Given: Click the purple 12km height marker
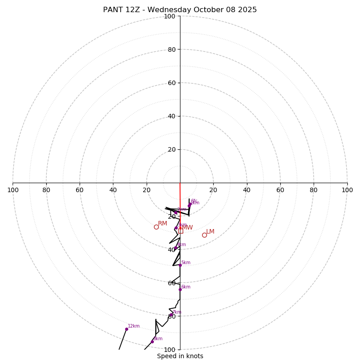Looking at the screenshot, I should [x=126, y=329].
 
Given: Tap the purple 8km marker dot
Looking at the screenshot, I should [x=152, y=342].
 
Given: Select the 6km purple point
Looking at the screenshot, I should [x=180, y=289].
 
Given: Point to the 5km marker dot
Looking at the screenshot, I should [x=180, y=265].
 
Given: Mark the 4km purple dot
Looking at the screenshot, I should [x=175, y=248].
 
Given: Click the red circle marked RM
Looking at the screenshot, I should [x=156, y=227].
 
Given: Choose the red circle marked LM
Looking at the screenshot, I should [x=204, y=235].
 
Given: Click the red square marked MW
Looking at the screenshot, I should [x=180, y=231].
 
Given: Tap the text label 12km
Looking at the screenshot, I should [x=134, y=326].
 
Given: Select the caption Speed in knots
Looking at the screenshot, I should [x=180, y=356].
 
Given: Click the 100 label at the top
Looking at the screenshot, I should [x=170, y=16].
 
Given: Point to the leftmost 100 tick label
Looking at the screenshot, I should [x=13, y=190].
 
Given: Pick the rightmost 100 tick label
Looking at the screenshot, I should [x=347, y=190].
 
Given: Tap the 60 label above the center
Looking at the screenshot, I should [x=171, y=83].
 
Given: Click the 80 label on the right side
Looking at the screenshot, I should [x=314, y=190].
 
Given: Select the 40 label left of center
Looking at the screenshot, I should [x=113, y=190].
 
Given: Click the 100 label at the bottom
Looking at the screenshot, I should [x=170, y=350].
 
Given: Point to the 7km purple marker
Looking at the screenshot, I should [x=171, y=315].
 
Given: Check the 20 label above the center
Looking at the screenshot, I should [x=171, y=149].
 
